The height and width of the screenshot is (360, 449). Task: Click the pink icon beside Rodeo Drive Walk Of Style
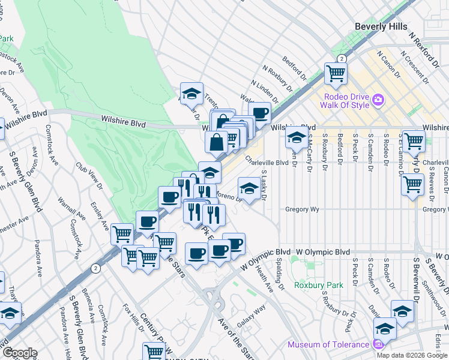coord(378,99)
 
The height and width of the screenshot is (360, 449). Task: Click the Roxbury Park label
coord(319,285)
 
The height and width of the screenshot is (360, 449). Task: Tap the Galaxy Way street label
coord(251,316)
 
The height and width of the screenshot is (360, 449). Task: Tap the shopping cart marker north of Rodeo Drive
coord(336,73)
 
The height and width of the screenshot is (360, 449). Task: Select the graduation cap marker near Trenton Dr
coord(191,93)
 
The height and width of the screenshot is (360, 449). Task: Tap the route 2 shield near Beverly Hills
coord(340,58)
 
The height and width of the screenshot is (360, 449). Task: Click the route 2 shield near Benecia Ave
coord(94,268)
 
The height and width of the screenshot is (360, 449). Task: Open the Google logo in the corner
coord(20,353)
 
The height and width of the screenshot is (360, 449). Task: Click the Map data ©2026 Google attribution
coord(412,355)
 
